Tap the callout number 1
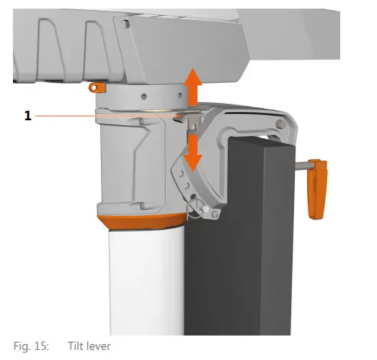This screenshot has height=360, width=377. (x=28, y=114)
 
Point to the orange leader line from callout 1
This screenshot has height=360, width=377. (x=108, y=114)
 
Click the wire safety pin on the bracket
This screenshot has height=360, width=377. (x=193, y=209)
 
